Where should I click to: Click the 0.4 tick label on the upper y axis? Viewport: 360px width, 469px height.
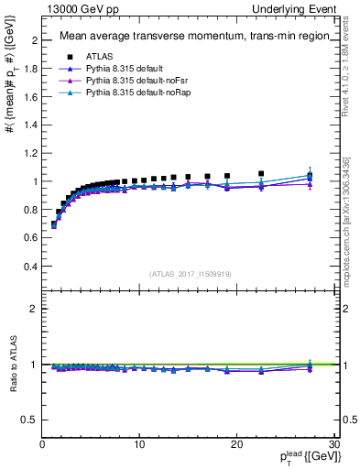30,267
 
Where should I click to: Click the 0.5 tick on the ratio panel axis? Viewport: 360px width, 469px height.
30,420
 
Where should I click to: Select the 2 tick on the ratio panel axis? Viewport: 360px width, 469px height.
34,309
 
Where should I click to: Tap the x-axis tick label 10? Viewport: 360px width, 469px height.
139,444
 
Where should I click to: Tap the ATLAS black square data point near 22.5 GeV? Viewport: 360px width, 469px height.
261,173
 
